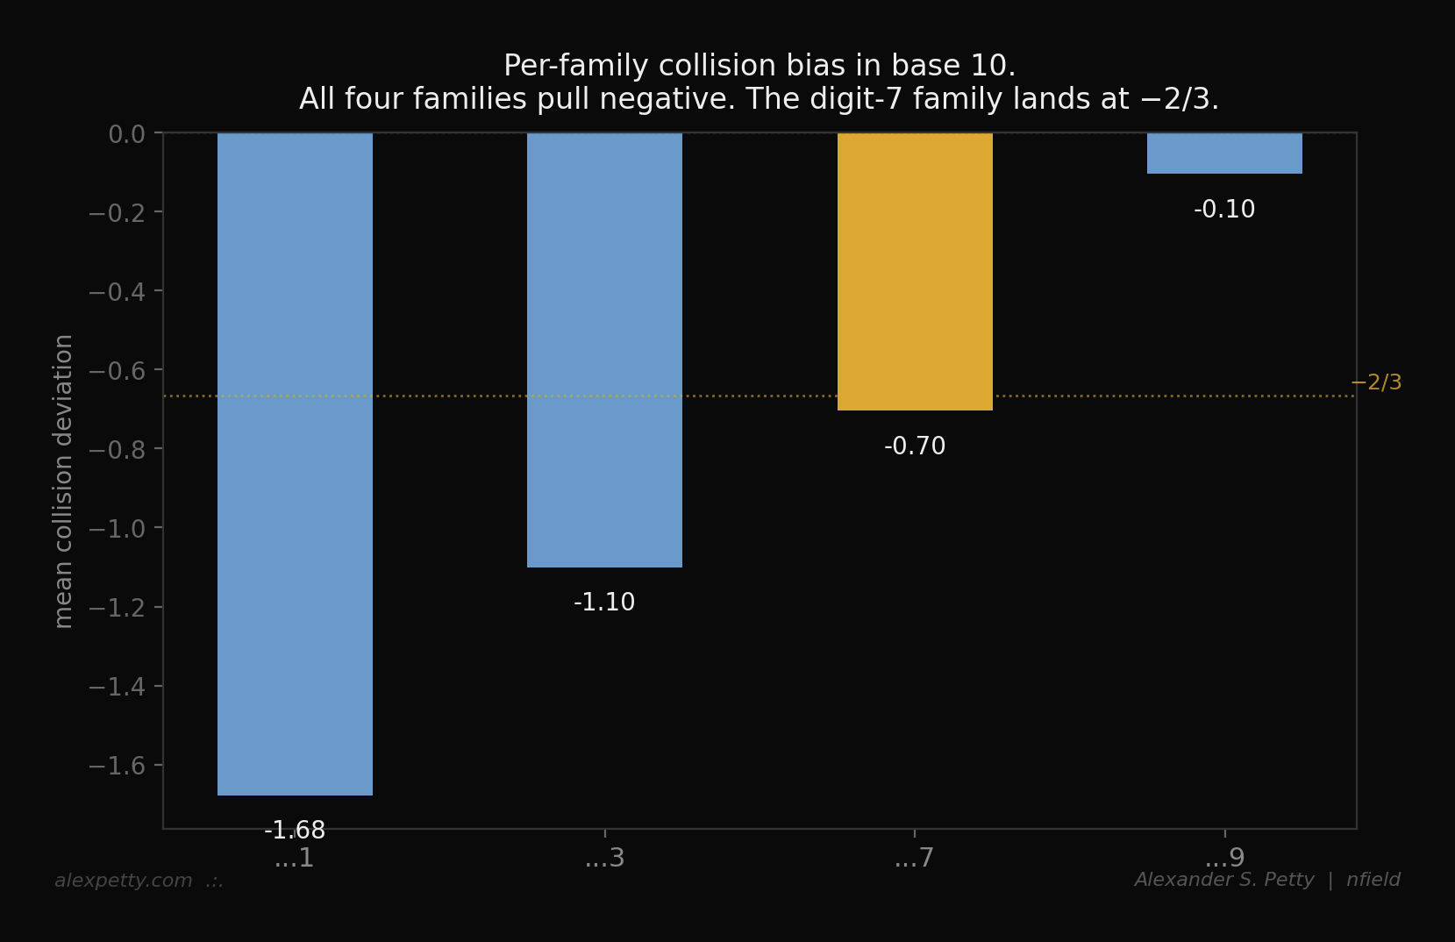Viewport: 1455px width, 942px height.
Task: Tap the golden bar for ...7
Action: [x=915, y=271]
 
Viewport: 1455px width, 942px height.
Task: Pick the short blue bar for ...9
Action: [x=1224, y=153]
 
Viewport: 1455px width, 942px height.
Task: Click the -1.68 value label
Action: [x=295, y=830]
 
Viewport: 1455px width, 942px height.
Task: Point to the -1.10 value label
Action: [x=604, y=603]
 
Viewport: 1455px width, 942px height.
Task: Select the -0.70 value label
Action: [x=915, y=446]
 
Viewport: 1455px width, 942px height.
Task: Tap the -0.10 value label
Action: [x=1224, y=210]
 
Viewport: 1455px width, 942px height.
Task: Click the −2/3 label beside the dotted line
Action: [x=1376, y=382]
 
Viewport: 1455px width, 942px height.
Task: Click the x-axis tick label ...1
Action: [x=295, y=858]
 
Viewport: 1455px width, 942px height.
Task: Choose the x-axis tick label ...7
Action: [x=915, y=858]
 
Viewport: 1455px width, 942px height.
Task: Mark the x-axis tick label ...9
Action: [x=1224, y=858]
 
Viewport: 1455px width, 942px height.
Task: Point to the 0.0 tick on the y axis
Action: [x=126, y=134]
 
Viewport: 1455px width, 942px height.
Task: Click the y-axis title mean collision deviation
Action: [x=63, y=481]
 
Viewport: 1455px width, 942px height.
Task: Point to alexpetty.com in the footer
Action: [x=124, y=881]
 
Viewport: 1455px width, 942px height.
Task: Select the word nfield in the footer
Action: [x=1373, y=880]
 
